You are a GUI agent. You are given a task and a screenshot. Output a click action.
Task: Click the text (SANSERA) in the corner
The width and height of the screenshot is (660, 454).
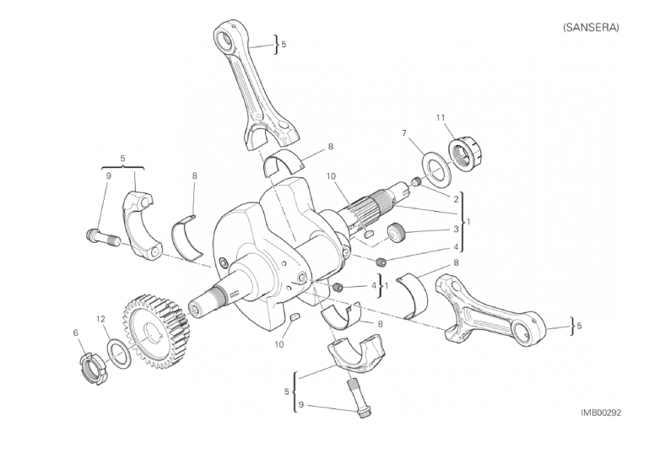(591, 27)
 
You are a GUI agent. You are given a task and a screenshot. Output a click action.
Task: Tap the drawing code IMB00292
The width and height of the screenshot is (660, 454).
(601, 413)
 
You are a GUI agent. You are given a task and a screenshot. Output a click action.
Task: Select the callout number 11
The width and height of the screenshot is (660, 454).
(441, 117)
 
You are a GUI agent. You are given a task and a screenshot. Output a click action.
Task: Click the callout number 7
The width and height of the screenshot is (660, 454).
(404, 133)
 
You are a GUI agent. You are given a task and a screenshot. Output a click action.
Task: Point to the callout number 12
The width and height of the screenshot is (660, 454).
(100, 319)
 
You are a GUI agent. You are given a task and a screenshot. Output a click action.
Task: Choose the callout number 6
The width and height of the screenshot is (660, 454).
(76, 332)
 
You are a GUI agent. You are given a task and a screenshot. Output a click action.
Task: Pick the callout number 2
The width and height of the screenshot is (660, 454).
(456, 197)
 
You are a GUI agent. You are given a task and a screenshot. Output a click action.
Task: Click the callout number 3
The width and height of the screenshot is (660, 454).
(456, 230)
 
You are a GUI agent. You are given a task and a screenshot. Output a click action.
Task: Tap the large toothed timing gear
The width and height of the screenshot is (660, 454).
(155, 331)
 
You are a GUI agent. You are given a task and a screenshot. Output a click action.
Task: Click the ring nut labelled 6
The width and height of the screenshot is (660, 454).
(94, 369)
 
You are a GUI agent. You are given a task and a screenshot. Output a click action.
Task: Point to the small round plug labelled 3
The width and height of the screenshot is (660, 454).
(396, 234)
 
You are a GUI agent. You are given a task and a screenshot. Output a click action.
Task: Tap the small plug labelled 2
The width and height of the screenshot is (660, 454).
(416, 181)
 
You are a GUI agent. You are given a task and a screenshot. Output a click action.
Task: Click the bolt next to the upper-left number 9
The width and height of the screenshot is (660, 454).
(102, 237)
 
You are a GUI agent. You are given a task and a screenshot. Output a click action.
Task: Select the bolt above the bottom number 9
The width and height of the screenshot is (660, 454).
(356, 397)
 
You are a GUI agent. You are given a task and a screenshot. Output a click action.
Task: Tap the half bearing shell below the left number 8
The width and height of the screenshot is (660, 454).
(187, 238)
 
